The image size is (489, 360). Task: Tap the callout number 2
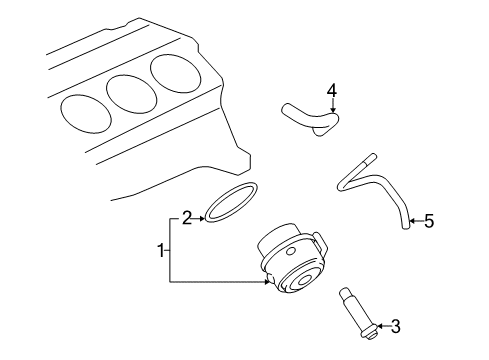(x=186, y=216)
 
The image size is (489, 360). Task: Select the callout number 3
(x=395, y=325)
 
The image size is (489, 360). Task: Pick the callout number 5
(x=429, y=221)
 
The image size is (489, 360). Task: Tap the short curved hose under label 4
(x=308, y=119)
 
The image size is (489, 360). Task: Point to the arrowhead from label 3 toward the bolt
(x=379, y=325)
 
